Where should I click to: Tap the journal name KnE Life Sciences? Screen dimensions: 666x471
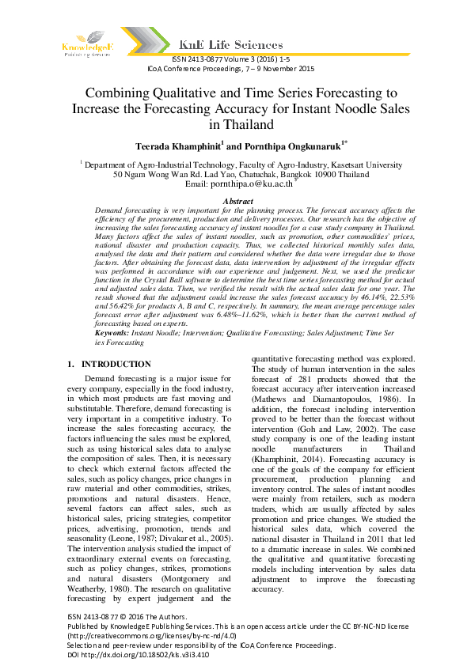click(230, 45)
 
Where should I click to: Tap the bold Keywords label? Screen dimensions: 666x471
click(107, 335)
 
